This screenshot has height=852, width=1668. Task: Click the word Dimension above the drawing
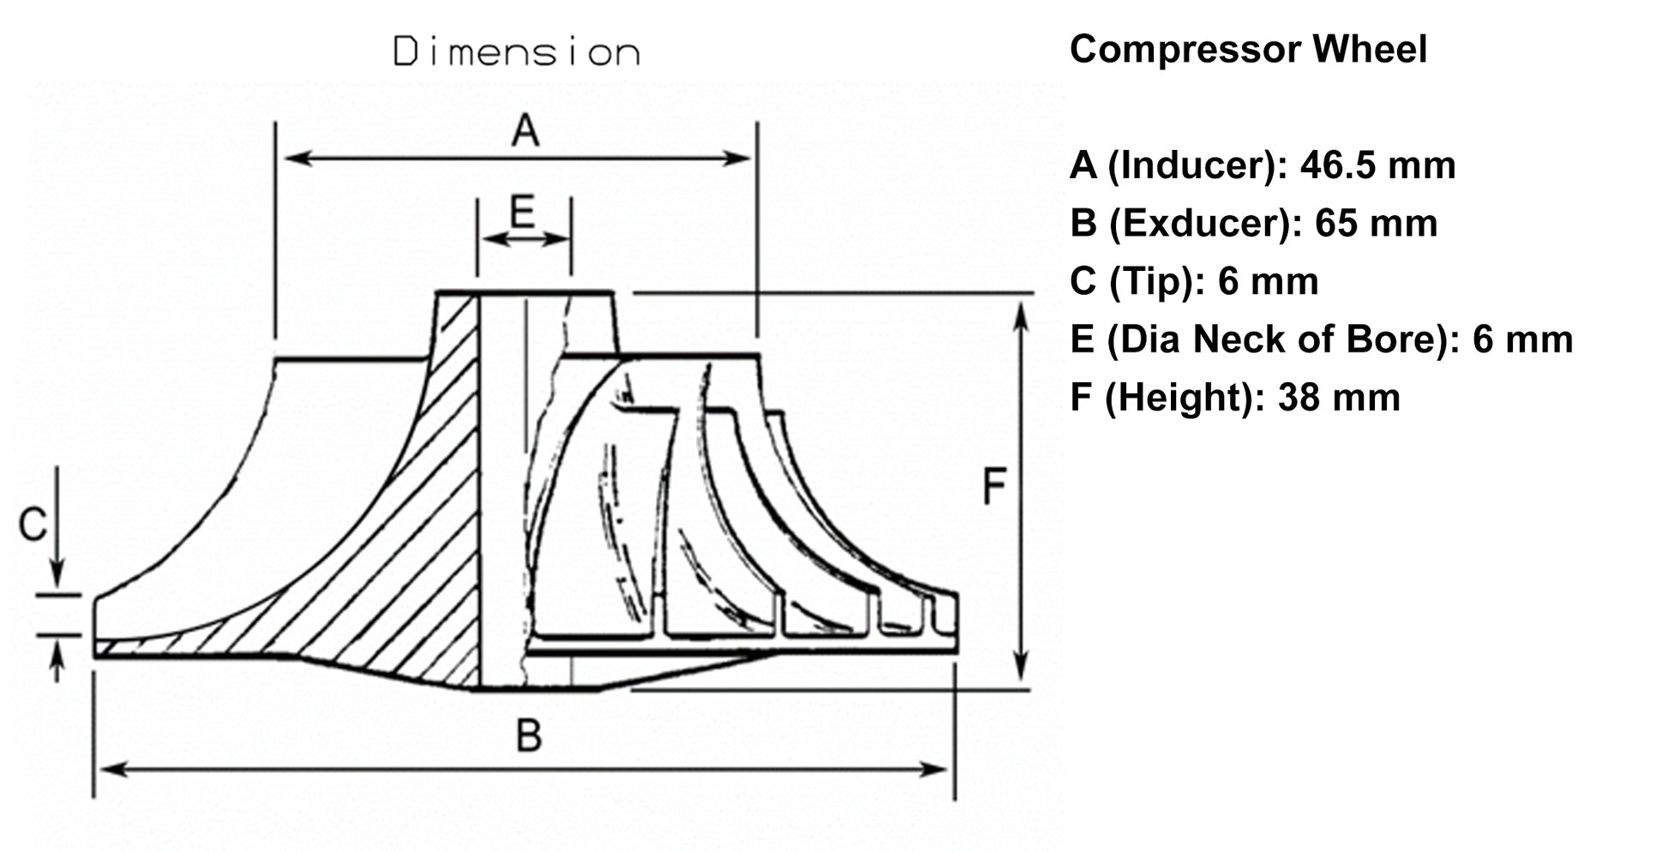pyautogui.click(x=516, y=52)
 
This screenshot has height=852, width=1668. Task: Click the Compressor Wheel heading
pyautogui.click(x=1248, y=49)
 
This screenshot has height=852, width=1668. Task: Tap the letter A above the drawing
pyautogui.click(x=525, y=131)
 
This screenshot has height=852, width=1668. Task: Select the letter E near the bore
pyautogui.click(x=522, y=211)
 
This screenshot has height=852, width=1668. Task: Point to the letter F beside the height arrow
pyautogui.click(x=993, y=487)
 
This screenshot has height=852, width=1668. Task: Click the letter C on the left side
pyautogui.click(x=33, y=525)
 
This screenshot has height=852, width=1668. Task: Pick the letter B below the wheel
pyautogui.click(x=529, y=735)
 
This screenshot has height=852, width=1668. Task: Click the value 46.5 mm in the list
pyautogui.click(x=1377, y=165)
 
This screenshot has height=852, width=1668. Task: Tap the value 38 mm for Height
pyautogui.click(x=1339, y=398)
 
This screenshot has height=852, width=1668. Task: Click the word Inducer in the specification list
pyautogui.click(x=1196, y=165)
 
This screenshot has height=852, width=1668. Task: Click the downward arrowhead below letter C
pyautogui.click(x=57, y=579)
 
